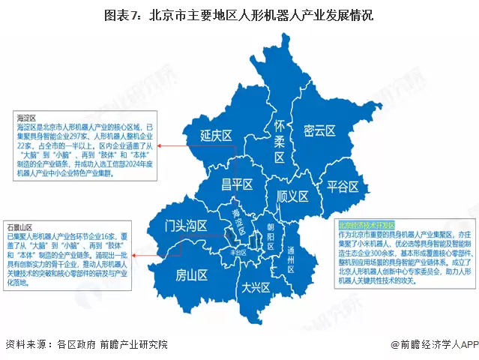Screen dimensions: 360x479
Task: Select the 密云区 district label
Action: (x=319, y=130)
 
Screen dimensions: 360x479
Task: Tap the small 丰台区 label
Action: (x=239, y=253)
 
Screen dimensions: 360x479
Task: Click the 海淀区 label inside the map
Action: (x=238, y=218)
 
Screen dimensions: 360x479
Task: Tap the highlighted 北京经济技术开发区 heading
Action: (x=363, y=224)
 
